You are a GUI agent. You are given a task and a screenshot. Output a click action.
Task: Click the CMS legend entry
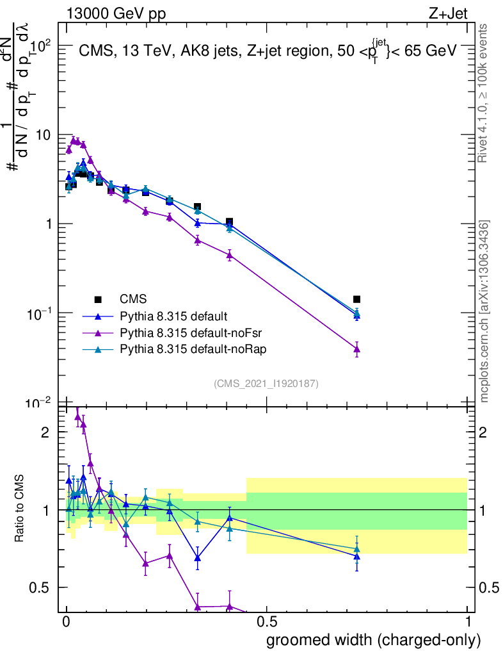click(x=133, y=299)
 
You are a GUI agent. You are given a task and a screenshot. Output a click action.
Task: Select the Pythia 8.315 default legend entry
click(x=173, y=316)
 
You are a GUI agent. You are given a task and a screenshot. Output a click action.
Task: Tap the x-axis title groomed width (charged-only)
click(x=373, y=639)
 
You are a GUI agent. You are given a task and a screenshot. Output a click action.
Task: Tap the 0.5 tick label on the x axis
click(x=266, y=622)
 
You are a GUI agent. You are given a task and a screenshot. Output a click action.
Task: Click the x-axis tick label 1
click(x=468, y=622)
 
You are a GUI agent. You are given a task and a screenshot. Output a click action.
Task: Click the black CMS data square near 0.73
click(x=356, y=299)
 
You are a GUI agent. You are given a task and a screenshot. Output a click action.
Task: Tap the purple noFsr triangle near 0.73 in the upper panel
click(x=356, y=349)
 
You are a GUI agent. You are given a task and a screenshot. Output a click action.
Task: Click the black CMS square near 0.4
click(x=229, y=222)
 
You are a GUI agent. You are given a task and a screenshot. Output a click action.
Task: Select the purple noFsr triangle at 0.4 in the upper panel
click(x=229, y=255)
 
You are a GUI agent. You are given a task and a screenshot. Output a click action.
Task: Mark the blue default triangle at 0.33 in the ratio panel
click(x=198, y=557)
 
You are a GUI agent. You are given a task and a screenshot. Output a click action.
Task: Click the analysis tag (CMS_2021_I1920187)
click(x=266, y=384)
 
